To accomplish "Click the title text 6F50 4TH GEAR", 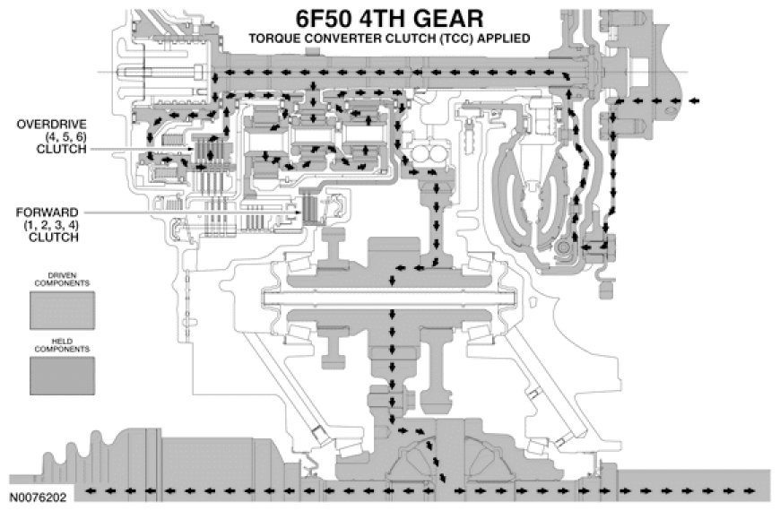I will pos(389,19).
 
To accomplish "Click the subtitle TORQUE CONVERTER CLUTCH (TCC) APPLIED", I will pos(389,39).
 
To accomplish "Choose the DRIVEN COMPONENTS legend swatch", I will pos(62,310).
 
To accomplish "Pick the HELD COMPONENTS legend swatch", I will pos(62,376).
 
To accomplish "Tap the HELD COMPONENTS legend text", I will pos(62,347).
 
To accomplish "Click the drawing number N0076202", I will pos(36,494).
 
